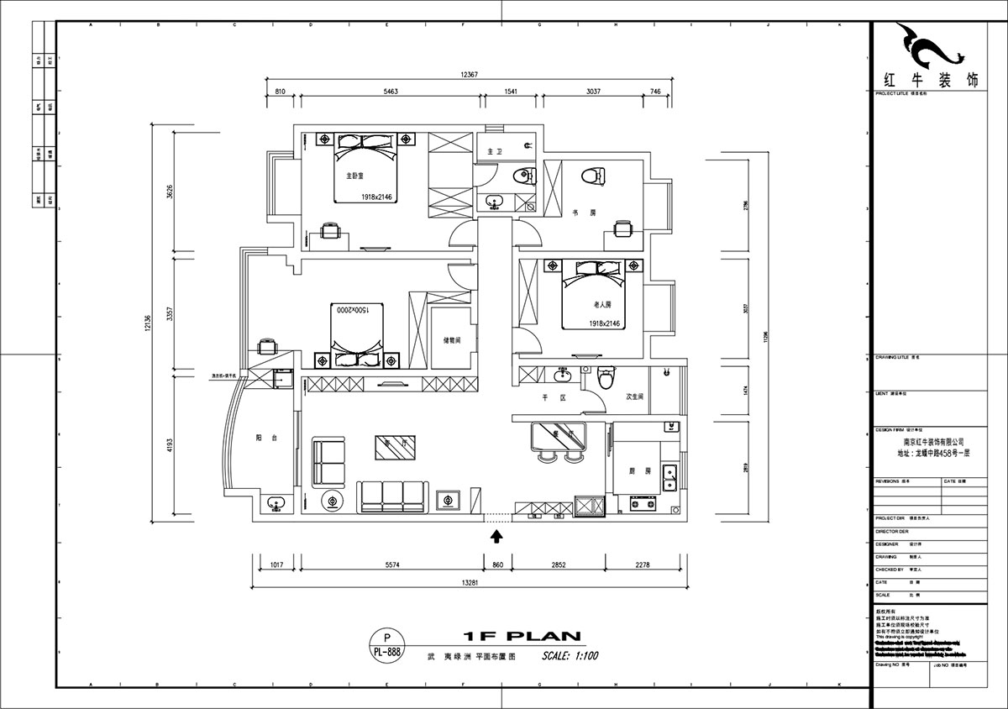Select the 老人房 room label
[x=601, y=304]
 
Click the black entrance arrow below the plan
[x=497, y=535]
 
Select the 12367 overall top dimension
[x=469, y=75]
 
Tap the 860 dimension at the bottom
[x=497, y=565]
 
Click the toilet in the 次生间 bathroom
[x=604, y=380]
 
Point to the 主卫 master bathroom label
[x=494, y=152]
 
